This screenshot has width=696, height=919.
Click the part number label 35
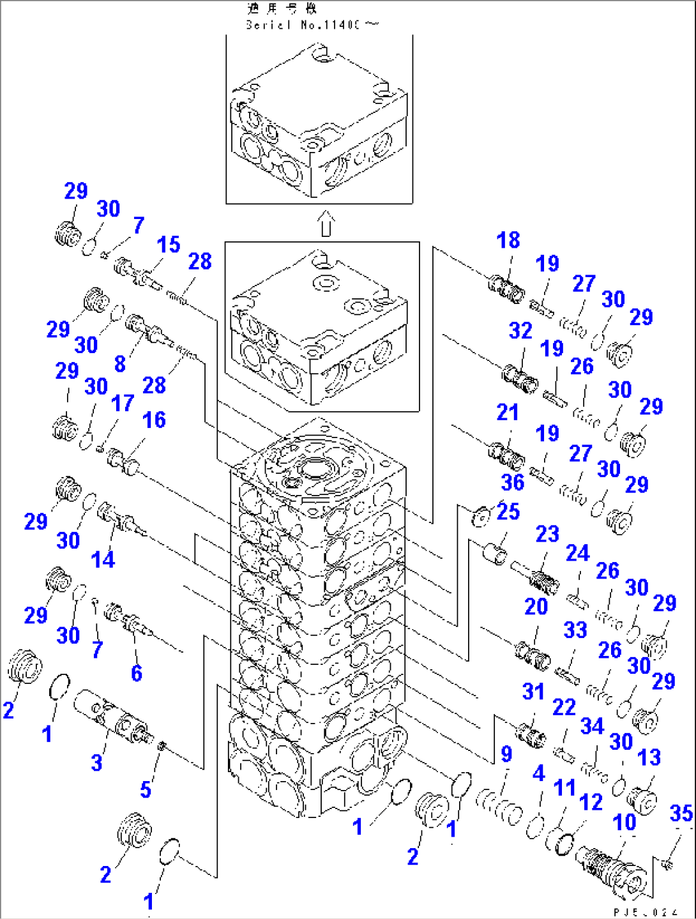click(681, 813)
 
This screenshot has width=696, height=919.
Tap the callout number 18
click(508, 240)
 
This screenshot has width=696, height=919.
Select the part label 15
click(169, 245)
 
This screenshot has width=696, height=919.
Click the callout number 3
click(96, 762)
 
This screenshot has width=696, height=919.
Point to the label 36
click(512, 482)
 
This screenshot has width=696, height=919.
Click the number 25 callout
click(508, 512)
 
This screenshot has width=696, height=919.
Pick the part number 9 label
click(506, 754)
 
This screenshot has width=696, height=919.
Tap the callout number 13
click(649, 757)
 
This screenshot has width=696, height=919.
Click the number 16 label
click(154, 420)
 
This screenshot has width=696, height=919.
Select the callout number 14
click(103, 559)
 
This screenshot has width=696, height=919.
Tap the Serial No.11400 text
click(311, 25)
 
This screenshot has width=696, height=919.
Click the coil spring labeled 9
click(498, 805)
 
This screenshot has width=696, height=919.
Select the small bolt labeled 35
click(667, 863)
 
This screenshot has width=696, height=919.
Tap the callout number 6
click(137, 672)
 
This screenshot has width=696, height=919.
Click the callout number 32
click(520, 330)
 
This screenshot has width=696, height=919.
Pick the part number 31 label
click(533, 692)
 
